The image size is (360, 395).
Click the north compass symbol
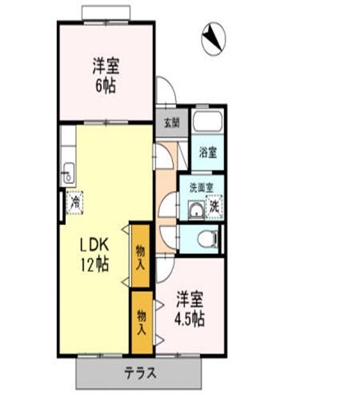tap(214, 38)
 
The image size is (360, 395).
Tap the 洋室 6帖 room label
tap(105, 76)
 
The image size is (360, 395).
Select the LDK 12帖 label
tap(95, 255)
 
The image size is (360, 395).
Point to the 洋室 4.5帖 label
tap(190, 309)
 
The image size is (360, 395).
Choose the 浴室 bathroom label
tap(208, 153)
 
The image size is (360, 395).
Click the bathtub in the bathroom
tap(208, 122)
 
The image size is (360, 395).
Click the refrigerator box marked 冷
tap(75, 204)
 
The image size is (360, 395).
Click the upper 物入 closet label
tap(140, 255)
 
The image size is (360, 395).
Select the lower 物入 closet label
tap(142, 323)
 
